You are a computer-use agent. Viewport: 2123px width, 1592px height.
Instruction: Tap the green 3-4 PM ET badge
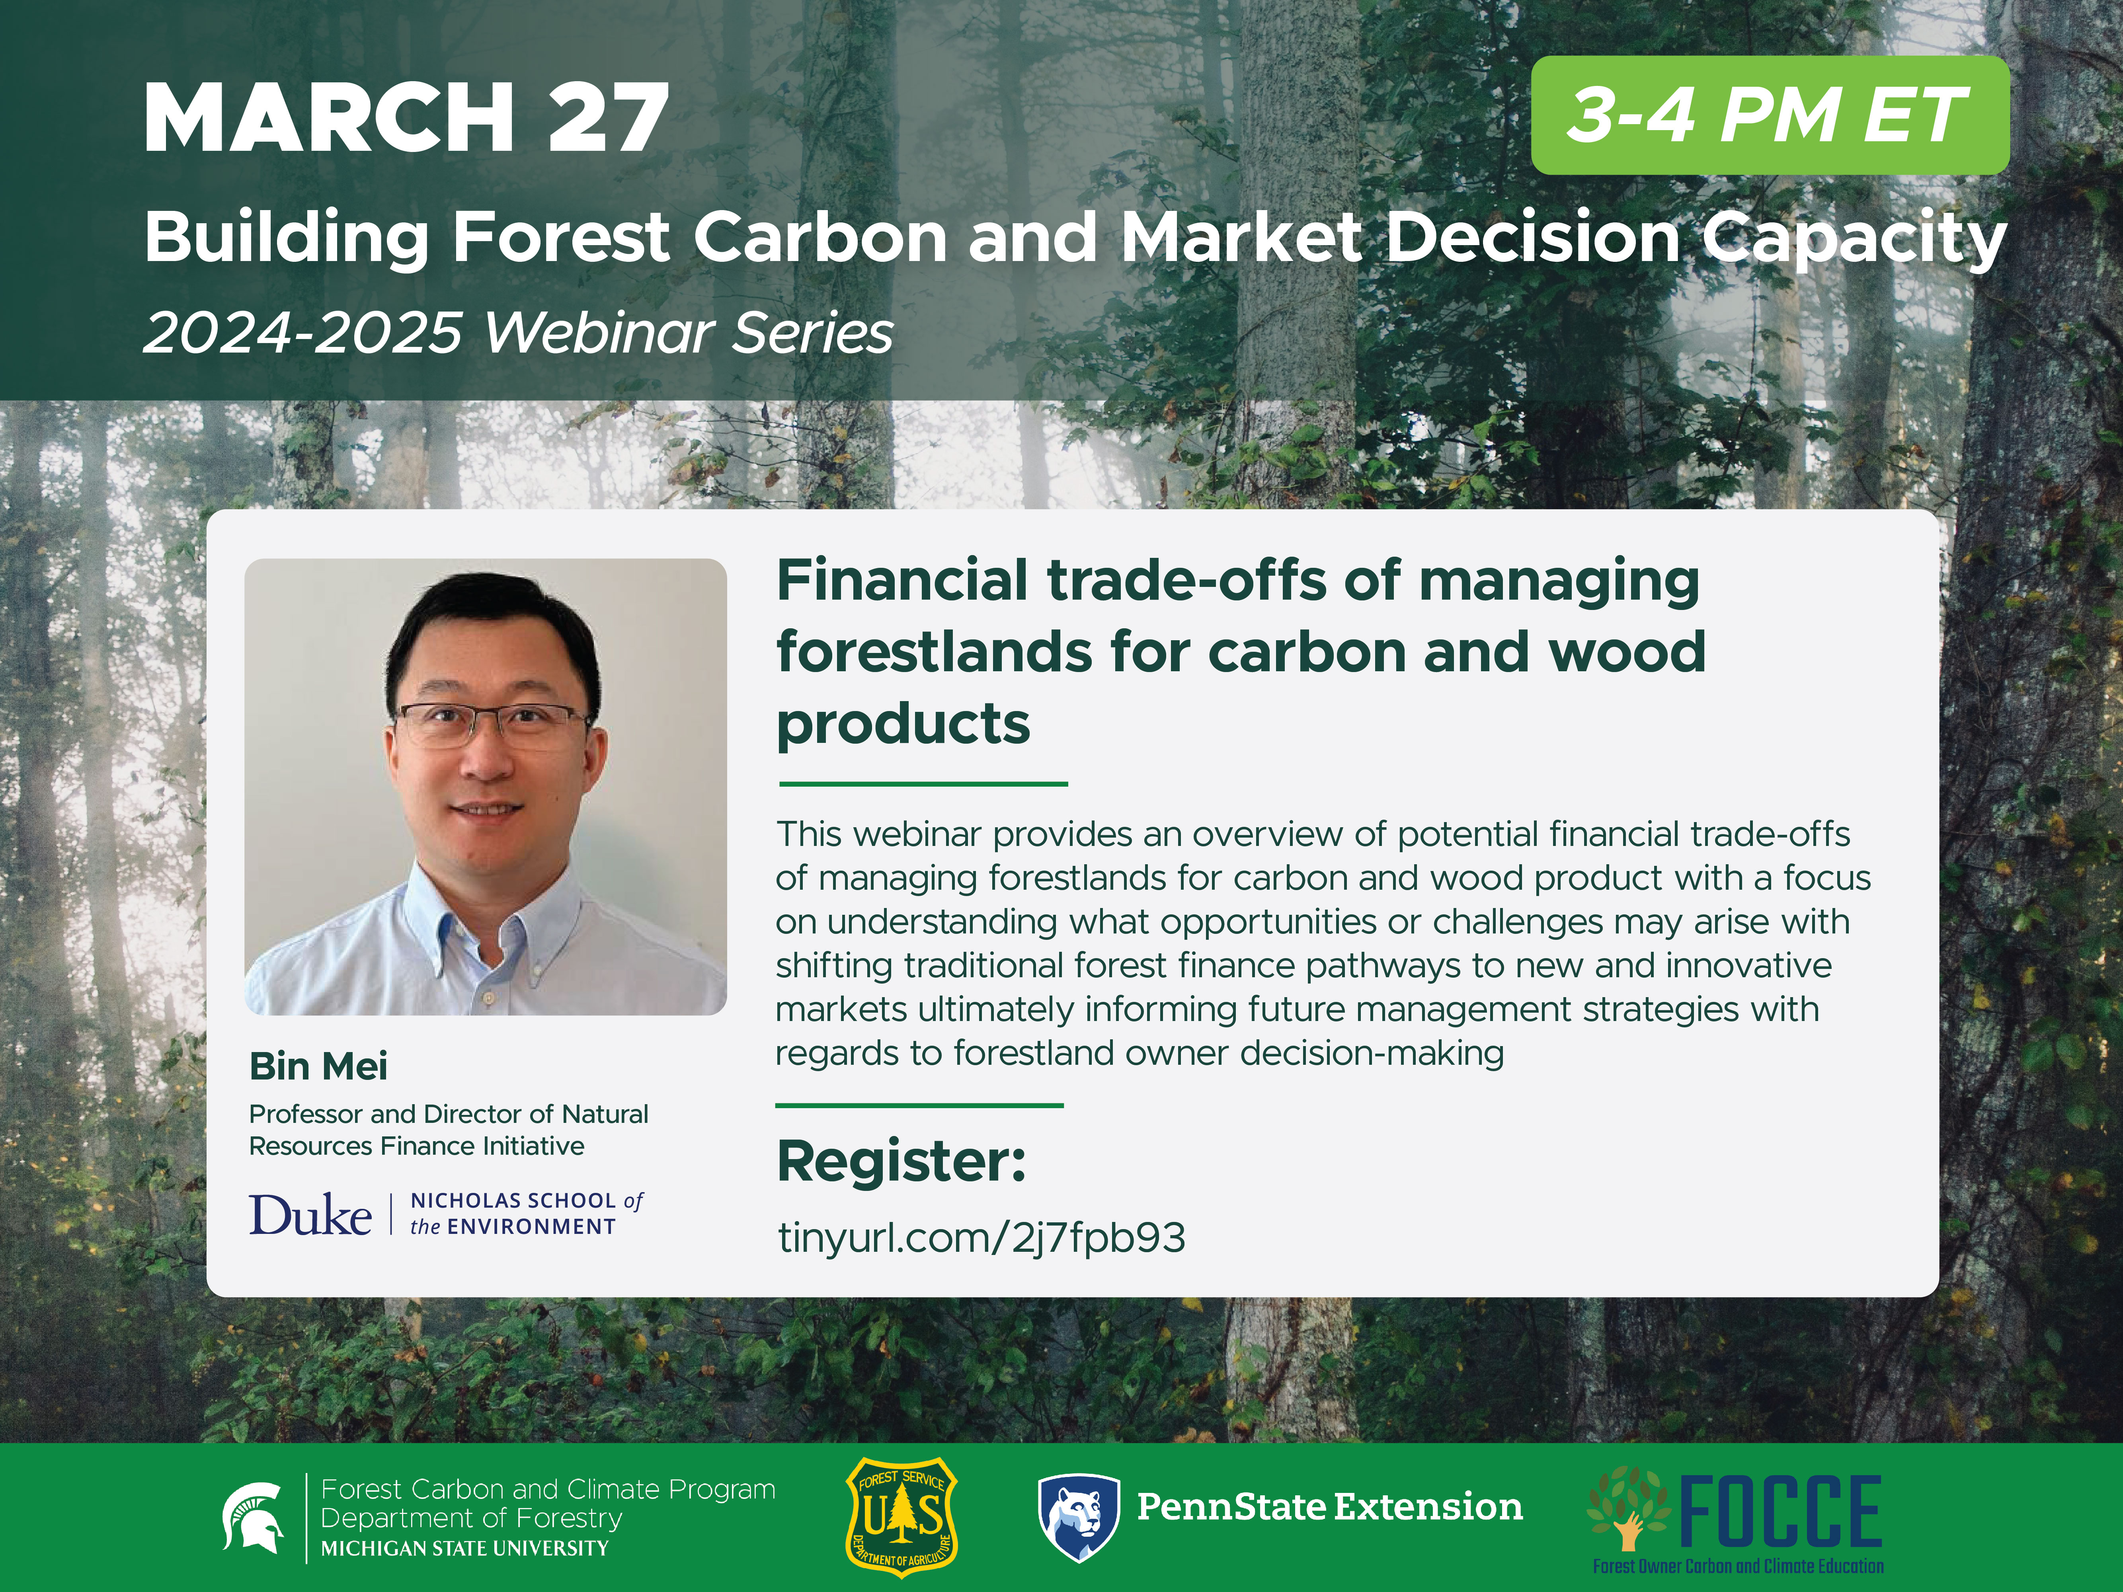click(1769, 115)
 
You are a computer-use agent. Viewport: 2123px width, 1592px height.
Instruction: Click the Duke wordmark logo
click(310, 1215)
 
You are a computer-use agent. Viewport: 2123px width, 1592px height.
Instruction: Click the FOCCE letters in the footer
click(1780, 1511)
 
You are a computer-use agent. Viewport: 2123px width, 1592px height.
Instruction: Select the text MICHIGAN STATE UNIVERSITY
click(464, 1548)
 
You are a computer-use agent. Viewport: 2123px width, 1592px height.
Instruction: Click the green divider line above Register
click(919, 1105)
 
